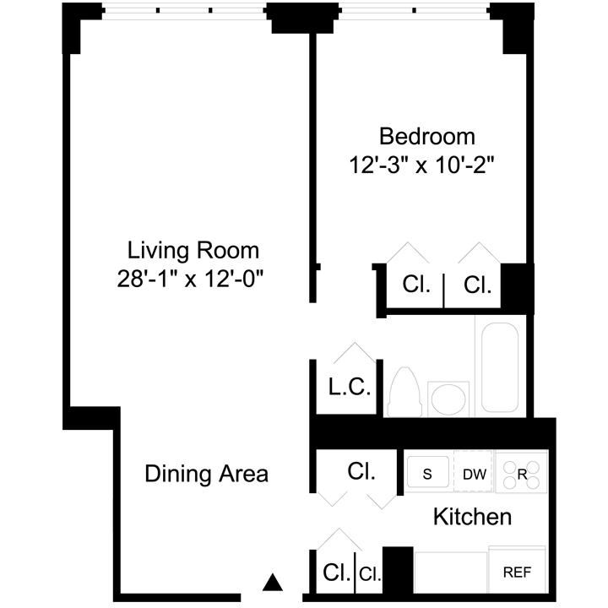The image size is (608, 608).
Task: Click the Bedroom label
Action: [426, 136]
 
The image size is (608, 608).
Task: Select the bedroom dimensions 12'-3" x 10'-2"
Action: [421, 164]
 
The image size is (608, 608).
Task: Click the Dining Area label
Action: [206, 474]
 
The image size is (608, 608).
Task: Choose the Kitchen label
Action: [472, 516]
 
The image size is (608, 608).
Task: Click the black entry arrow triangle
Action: [271, 582]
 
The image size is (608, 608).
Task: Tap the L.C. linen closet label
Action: [349, 388]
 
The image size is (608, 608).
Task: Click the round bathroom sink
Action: [448, 399]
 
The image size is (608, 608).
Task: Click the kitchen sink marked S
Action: [428, 474]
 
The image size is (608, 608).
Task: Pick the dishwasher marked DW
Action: [474, 474]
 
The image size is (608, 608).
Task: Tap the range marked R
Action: [522, 474]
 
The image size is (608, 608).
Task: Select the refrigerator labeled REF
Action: [517, 573]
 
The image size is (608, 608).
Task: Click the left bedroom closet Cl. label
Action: [416, 285]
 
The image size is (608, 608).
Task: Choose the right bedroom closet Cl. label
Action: [478, 285]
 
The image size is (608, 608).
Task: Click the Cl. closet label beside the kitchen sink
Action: [361, 471]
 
